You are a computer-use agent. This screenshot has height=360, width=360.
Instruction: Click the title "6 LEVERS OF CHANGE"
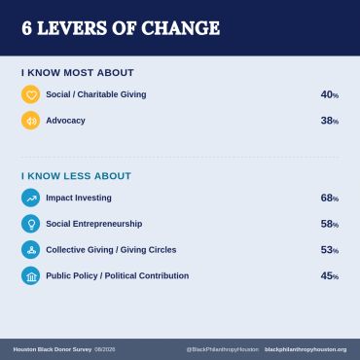pyautogui.click(x=121, y=28)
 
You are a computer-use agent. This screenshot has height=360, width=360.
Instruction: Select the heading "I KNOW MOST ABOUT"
pyautogui.click(x=78, y=73)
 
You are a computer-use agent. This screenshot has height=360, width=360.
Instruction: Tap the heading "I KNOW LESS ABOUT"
pyautogui.click(x=76, y=176)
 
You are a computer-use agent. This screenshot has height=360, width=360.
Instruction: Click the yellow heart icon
pyautogui.click(x=31, y=94)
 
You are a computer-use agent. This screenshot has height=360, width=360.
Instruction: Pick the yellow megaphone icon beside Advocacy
pyautogui.click(x=31, y=121)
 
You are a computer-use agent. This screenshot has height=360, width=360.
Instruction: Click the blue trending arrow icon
pyautogui.click(x=31, y=198)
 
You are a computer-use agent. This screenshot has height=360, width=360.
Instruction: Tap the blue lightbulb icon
pyautogui.click(x=31, y=224)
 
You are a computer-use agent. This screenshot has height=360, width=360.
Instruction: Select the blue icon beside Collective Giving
pyautogui.click(x=31, y=250)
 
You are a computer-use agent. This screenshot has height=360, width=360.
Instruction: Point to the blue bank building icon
pyautogui.click(x=31, y=275)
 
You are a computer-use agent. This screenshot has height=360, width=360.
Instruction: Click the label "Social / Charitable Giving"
pyautogui.click(x=96, y=94)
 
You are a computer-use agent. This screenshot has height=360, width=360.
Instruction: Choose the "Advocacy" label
pyautogui.click(x=65, y=121)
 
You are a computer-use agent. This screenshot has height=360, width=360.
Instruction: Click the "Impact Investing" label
pyautogui.click(x=79, y=198)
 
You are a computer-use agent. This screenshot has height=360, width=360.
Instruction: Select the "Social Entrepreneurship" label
pyautogui.click(x=94, y=224)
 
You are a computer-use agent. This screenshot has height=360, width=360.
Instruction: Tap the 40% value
pyautogui.click(x=330, y=94)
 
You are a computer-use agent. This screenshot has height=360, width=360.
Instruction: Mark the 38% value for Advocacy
pyautogui.click(x=330, y=121)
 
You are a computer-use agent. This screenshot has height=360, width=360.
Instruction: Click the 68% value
pyautogui.click(x=330, y=198)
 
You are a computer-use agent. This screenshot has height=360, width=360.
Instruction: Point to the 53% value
pyautogui.click(x=330, y=250)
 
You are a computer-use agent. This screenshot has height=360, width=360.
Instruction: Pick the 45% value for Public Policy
pyautogui.click(x=330, y=275)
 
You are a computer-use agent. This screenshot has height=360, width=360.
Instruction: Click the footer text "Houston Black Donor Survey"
pyautogui.click(x=53, y=349)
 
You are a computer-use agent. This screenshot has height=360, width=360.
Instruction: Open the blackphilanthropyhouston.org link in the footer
pyautogui.click(x=306, y=349)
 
